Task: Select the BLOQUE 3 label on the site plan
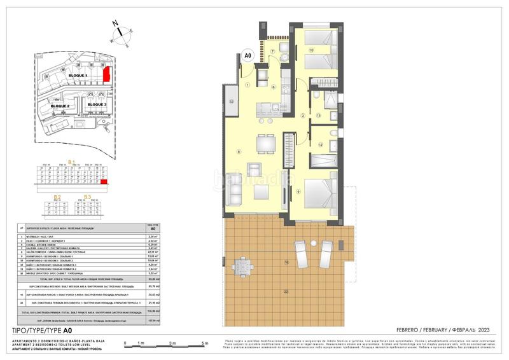[x=99, y=104]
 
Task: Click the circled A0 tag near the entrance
[x=249, y=56]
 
